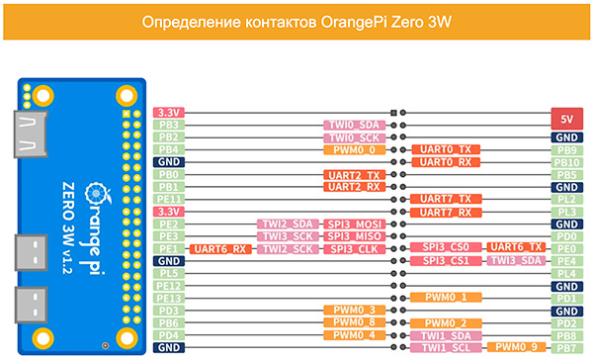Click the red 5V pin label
tap(566, 119)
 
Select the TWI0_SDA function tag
tap(355, 125)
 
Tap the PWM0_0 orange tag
tap(355, 150)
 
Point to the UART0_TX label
tap(446, 149)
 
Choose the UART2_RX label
tap(355, 187)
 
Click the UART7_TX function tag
tap(446, 199)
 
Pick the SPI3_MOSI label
tap(355, 225)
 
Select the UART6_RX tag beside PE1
tap(220, 249)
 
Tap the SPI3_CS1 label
tap(446, 261)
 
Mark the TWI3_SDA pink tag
tap(516, 260)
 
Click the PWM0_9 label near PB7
tap(516, 347)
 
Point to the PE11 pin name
tap(169, 199)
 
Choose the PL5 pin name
tap(169, 273)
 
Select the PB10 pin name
tap(566, 162)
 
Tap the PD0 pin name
tap(566, 236)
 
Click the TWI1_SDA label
tap(446, 336)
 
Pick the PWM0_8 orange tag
tap(355, 322)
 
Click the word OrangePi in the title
tap(354, 23)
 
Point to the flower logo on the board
tap(97, 194)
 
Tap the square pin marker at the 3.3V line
tap(393, 113)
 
